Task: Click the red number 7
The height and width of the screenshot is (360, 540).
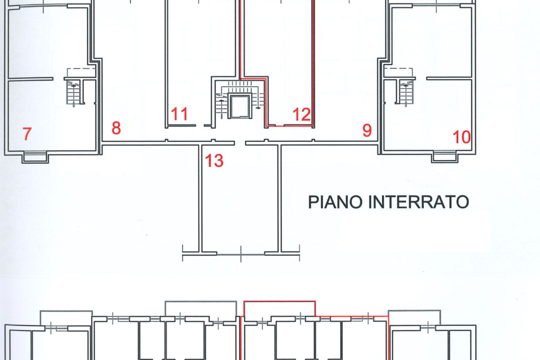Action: [x=27, y=133]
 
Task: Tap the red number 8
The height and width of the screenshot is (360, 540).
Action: [x=116, y=128]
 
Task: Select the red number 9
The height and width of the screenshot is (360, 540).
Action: [x=367, y=131]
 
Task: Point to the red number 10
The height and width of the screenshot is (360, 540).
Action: [x=462, y=137]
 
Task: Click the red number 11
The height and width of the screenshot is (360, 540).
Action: [x=179, y=114]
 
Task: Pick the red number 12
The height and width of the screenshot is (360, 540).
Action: [x=302, y=115]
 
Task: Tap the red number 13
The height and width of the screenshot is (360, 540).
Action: [x=214, y=161]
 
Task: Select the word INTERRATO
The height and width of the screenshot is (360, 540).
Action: [x=419, y=202]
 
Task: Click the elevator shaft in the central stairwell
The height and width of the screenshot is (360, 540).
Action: [x=239, y=107]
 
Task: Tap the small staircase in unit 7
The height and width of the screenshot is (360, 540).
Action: [x=73, y=92]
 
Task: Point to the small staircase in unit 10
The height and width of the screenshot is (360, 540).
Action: [x=406, y=92]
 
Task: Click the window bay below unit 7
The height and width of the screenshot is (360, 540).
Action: [x=35, y=157]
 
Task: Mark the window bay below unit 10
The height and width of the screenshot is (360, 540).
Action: [x=445, y=157]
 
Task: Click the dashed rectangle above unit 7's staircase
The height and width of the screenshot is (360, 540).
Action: [x=81, y=73]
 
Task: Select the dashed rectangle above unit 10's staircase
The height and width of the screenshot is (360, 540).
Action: [x=398, y=73]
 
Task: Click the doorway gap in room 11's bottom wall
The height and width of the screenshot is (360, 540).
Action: [x=200, y=126]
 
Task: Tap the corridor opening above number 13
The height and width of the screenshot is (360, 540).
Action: [x=240, y=143]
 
